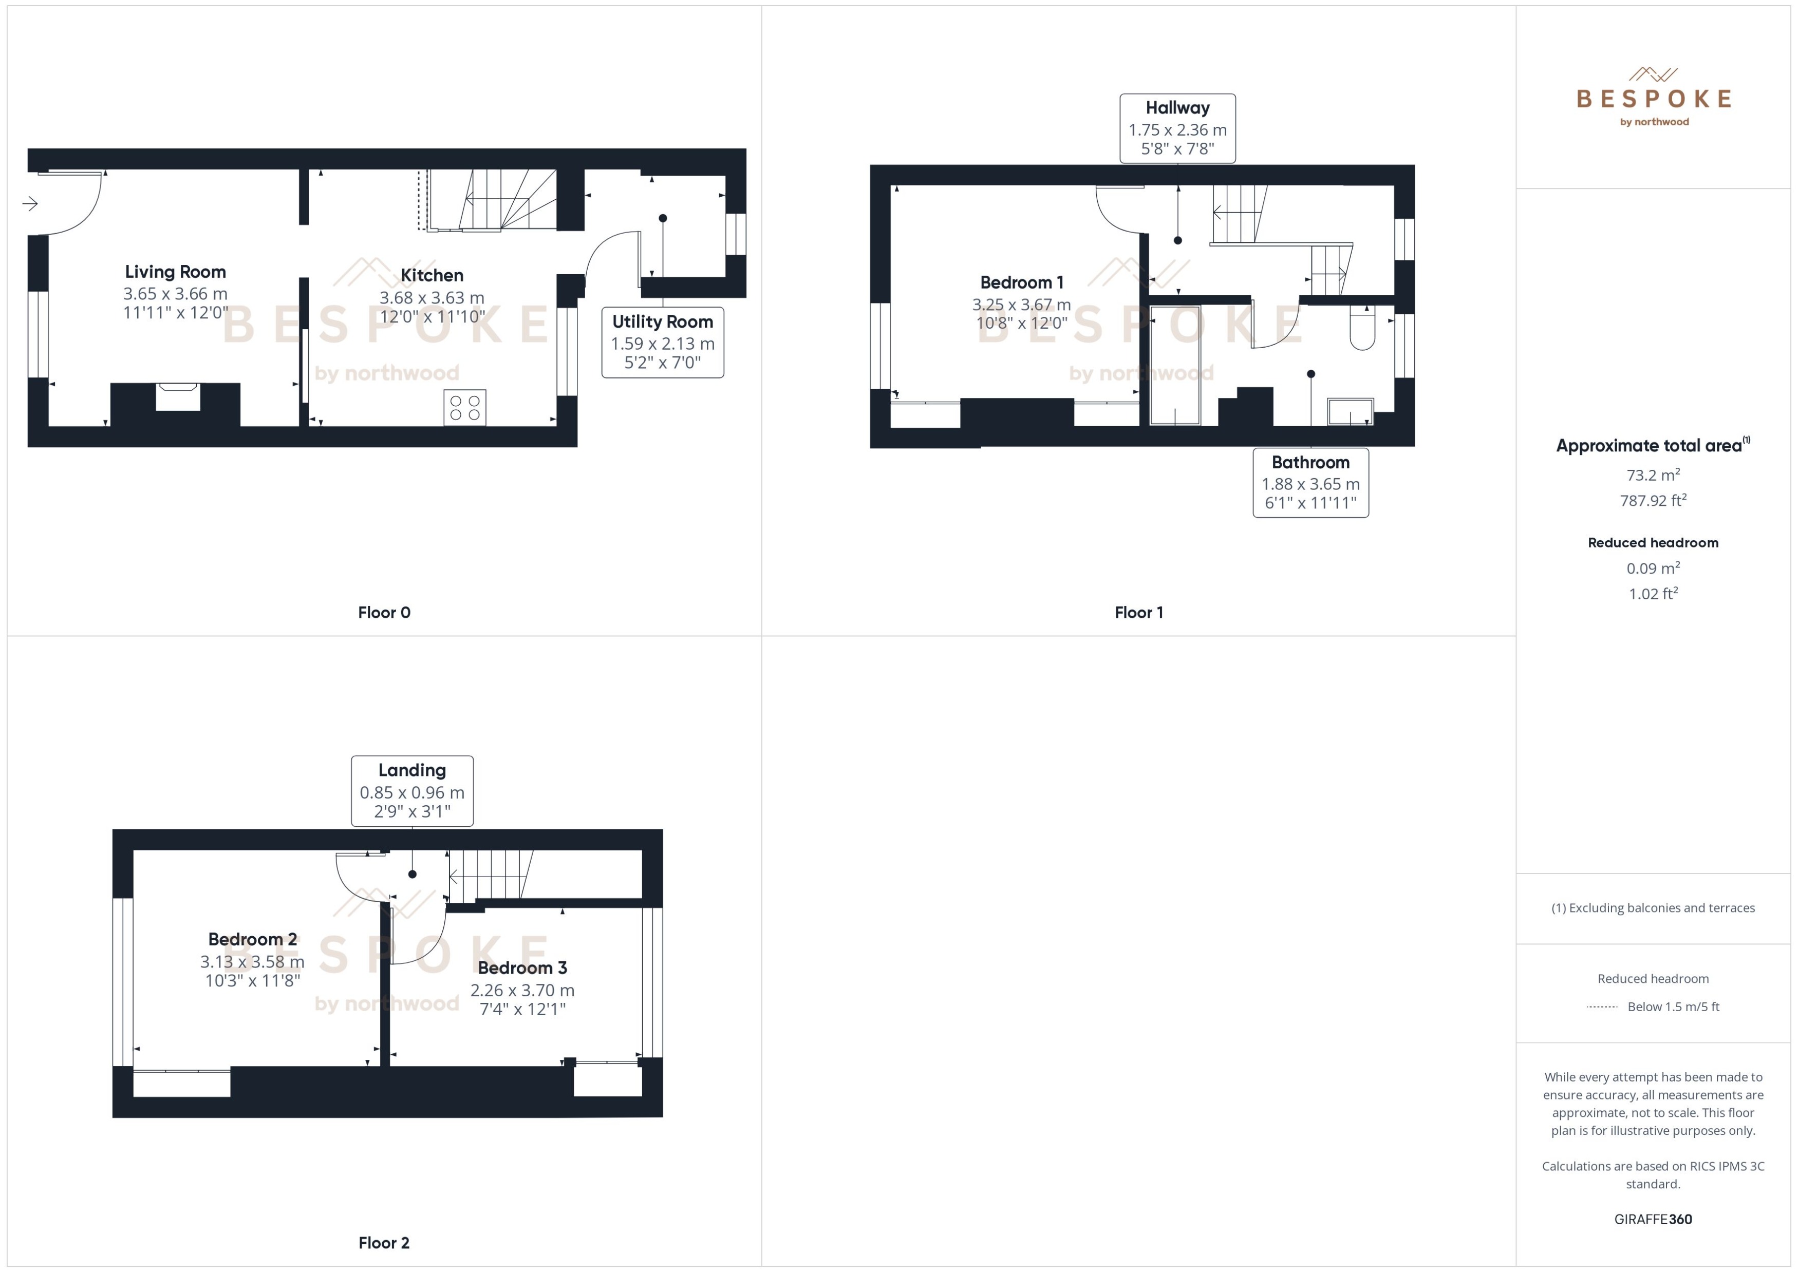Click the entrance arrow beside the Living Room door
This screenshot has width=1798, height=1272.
30,204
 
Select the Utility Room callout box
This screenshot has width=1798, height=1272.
662,343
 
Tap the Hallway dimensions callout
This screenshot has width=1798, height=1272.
1177,128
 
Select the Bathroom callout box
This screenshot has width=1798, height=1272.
1310,483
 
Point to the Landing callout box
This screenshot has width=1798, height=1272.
411,791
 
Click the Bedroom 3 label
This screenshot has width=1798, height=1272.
522,967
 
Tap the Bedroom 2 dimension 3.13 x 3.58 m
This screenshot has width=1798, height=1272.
252,961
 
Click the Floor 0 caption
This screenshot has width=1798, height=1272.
384,613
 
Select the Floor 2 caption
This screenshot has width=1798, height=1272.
384,1243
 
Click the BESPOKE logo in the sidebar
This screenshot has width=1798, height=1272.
1653,98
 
